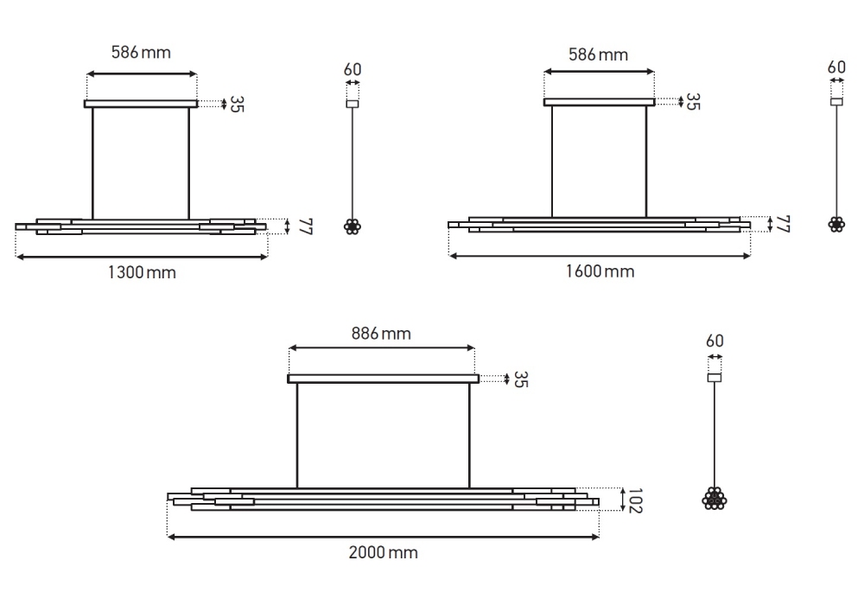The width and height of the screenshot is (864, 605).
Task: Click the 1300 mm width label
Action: pyautogui.click(x=142, y=272)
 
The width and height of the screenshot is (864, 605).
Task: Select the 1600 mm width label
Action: pyautogui.click(x=600, y=271)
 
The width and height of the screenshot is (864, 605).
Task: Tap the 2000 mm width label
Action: pyautogui.click(x=383, y=552)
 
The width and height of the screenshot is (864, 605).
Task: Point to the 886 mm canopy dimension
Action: pyautogui.click(x=381, y=334)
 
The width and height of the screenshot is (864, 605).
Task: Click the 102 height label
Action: pyautogui.click(x=635, y=500)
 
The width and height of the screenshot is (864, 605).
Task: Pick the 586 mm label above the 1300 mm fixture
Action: pyautogui.click(x=141, y=53)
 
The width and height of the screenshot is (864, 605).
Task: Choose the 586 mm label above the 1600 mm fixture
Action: pyautogui.click(x=599, y=54)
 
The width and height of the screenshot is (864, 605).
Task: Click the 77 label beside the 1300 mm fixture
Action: pyautogui.click(x=305, y=226)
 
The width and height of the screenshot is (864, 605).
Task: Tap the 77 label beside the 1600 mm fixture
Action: pyautogui.click(x=783, y=224)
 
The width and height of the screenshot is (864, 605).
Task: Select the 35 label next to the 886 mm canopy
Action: pyautogui.click(x=521, y=379)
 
